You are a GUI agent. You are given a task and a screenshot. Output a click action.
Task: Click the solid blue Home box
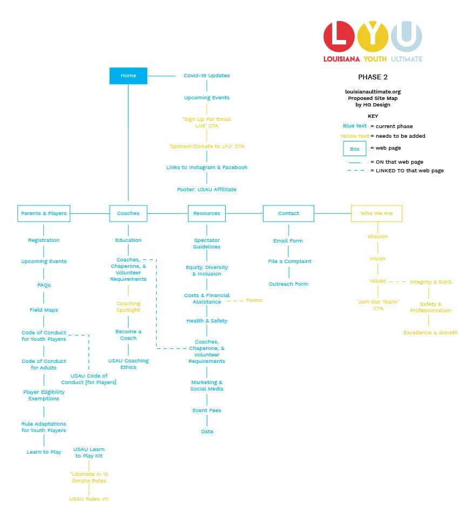click(x=128, y=76)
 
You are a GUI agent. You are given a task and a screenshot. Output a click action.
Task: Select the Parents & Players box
click(x=44, y=213)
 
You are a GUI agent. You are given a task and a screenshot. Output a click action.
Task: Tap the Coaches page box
click(x=128, y=213)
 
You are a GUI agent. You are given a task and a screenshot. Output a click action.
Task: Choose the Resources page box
click(x=206, y=213)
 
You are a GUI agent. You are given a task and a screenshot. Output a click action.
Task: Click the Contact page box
click(x=288, y=213)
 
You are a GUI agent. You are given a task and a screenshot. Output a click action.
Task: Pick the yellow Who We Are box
click(x=376, y=213)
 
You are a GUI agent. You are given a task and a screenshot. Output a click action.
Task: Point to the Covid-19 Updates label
click(x=206, y=76)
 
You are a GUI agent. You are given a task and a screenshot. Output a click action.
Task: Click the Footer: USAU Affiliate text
click(x=206, y=190)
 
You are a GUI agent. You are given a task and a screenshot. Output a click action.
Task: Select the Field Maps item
click(x=44, y=310)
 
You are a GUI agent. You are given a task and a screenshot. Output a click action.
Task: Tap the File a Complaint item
click(x=289, y=261)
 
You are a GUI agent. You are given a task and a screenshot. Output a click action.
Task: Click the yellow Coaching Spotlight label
click(x=128, y=307)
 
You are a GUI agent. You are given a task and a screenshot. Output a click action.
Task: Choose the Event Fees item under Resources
click(x=206, y=410)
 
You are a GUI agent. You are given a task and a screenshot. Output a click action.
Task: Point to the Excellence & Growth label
click(x=430, y=333)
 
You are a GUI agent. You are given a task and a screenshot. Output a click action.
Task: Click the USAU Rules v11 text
click(x=89, y=499)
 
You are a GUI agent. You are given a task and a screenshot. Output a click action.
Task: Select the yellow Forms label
click(x=254, y=300)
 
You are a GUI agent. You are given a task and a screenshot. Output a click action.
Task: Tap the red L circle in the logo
click(x=339, y=36)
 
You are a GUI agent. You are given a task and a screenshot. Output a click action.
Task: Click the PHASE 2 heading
click(x=373, y=77)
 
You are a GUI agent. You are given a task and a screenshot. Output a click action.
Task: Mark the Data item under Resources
click(x=207, y=432)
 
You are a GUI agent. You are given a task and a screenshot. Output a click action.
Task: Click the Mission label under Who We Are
click(x=377, y=237)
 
